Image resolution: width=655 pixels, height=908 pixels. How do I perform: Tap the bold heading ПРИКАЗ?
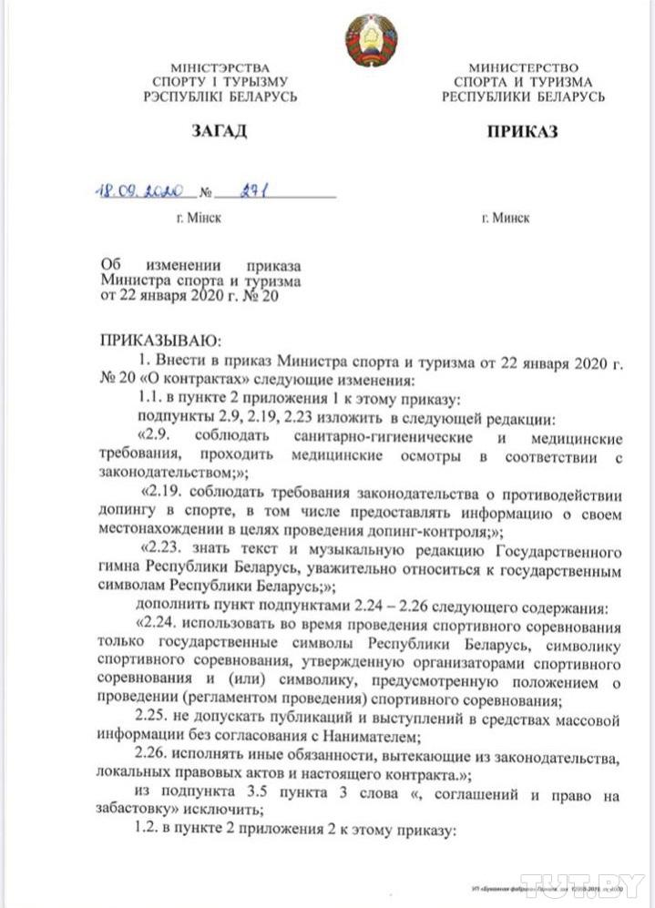[522, 131]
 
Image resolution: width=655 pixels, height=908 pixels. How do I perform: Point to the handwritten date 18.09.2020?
[140, 192]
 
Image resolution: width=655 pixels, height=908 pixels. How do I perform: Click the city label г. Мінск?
[198, 219]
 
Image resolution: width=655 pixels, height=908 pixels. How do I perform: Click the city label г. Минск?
[506, 219]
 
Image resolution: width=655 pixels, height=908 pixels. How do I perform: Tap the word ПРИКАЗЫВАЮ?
[160, 342]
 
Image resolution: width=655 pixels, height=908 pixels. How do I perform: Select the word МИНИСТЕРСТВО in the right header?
[523, 68]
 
